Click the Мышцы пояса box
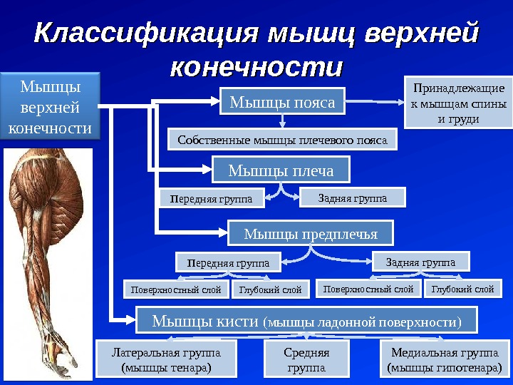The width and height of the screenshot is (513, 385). (282, 103)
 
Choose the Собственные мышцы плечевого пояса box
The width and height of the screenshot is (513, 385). (282, 140)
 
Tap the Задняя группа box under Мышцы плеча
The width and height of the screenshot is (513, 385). (352, 197)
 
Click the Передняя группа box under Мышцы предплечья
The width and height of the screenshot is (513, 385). (228, 262)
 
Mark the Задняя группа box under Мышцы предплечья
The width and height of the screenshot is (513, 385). (420, 262)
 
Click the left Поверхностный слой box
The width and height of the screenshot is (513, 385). (177, 289)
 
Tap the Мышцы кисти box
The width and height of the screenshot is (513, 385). (306, 321)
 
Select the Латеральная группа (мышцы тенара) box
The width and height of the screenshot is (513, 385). (166, 359)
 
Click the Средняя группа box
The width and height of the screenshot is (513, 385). (306, 359)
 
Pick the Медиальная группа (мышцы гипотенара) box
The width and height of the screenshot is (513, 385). (445, 359)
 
